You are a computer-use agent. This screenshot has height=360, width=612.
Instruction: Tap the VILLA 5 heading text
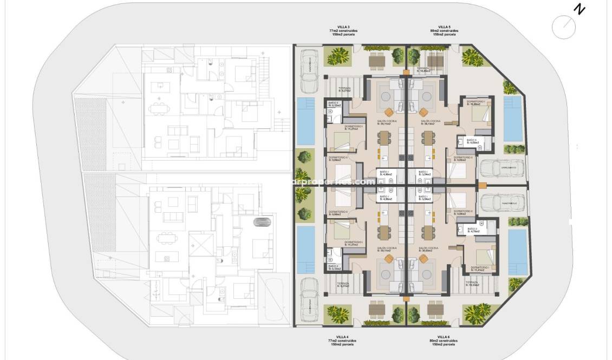pyautogui.click(x=444, y=26)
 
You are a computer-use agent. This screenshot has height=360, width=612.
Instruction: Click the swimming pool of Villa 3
pyautogui.click(x=306, y=121)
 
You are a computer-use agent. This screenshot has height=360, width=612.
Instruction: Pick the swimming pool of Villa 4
pyautogui.click(x=306, y=250)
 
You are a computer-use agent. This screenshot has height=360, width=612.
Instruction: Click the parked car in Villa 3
pyautogui.click(x=310, y=71)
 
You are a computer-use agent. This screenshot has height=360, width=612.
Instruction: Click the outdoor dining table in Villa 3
pyautogui.click(x=377, y=60)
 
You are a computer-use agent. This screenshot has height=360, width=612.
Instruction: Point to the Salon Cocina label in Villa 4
pyautogui.click(x=386, y=248)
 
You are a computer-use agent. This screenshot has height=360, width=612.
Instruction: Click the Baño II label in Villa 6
pyautogui.click(x=472, y=230)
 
